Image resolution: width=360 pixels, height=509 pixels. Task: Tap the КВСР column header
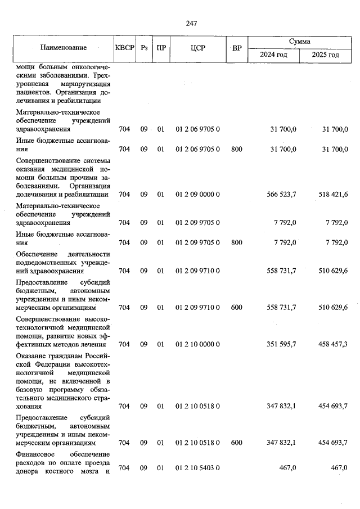tap(124, 48)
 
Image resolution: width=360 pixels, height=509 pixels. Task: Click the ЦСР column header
tap(197, 48)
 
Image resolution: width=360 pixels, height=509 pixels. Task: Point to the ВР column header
tap(236, 48)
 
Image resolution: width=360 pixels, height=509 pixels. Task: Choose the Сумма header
tap(299, 42)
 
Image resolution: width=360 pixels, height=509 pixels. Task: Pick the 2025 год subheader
tap(326, 55)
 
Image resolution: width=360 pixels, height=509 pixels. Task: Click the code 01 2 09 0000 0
tap(197, 195)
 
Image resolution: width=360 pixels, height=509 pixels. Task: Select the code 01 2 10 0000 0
tap(197, 344)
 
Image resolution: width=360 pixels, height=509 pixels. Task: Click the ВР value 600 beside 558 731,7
tap(236, 308)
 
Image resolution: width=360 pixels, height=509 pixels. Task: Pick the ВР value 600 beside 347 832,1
tap(236, 443)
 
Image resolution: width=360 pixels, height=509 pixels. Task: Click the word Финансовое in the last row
tap(35, 453)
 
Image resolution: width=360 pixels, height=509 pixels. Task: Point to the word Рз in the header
tap(144, 48)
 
